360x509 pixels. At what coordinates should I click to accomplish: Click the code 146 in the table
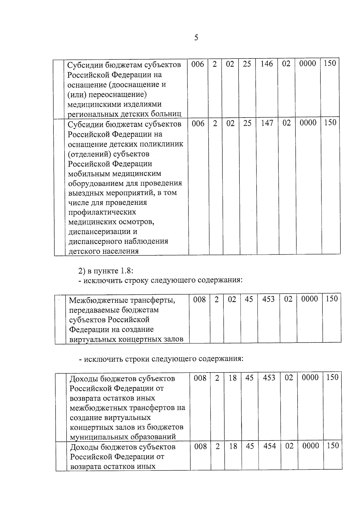click(x=266, y=64)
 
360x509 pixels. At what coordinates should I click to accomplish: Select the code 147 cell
click(x=267, y=123)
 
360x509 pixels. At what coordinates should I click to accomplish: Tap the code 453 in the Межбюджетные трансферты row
click(x=268, y=299)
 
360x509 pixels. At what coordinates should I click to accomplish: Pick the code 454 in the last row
click(x=270, y=446)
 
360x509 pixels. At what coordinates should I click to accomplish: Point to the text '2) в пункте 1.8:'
click(x=106, y=271)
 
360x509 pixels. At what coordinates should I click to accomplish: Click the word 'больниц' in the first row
click(x=168, y=114)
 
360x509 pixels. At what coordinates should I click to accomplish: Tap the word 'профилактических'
click(x=102, y=212)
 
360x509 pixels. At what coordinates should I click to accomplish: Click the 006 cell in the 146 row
click(x=198, y=64)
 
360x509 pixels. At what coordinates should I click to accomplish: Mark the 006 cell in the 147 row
click(x=198, y=123)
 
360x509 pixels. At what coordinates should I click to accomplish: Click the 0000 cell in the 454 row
click(x=310, y=446)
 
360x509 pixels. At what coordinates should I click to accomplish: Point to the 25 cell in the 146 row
click(x=247, y=64)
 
